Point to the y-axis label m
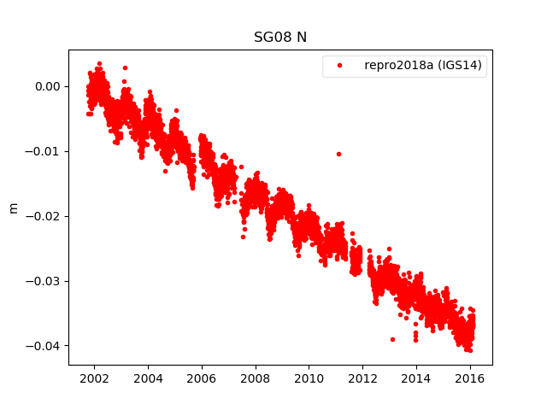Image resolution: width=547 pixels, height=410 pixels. [13, 208]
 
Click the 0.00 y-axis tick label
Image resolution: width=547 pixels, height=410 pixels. [46, 86]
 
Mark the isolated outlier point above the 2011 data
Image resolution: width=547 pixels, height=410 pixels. [338, 154]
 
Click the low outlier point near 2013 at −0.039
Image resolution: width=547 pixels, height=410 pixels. [392, 339]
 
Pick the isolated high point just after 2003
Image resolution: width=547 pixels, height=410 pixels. [125, 67]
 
